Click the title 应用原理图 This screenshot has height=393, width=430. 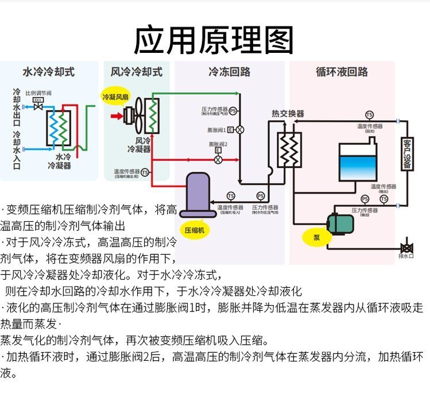(x=214, y=40)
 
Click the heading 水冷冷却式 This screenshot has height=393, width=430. (x=48, y=72)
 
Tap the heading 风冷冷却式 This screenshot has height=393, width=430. (x=137, y=72)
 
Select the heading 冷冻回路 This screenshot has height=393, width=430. (x=229, y=72)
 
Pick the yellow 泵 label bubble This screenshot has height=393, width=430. (x=316, y=237)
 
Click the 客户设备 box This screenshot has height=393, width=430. (x=406, y=155)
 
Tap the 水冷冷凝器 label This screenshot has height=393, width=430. (x=59, y=161)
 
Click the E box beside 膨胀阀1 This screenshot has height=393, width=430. (x=230, y=129)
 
